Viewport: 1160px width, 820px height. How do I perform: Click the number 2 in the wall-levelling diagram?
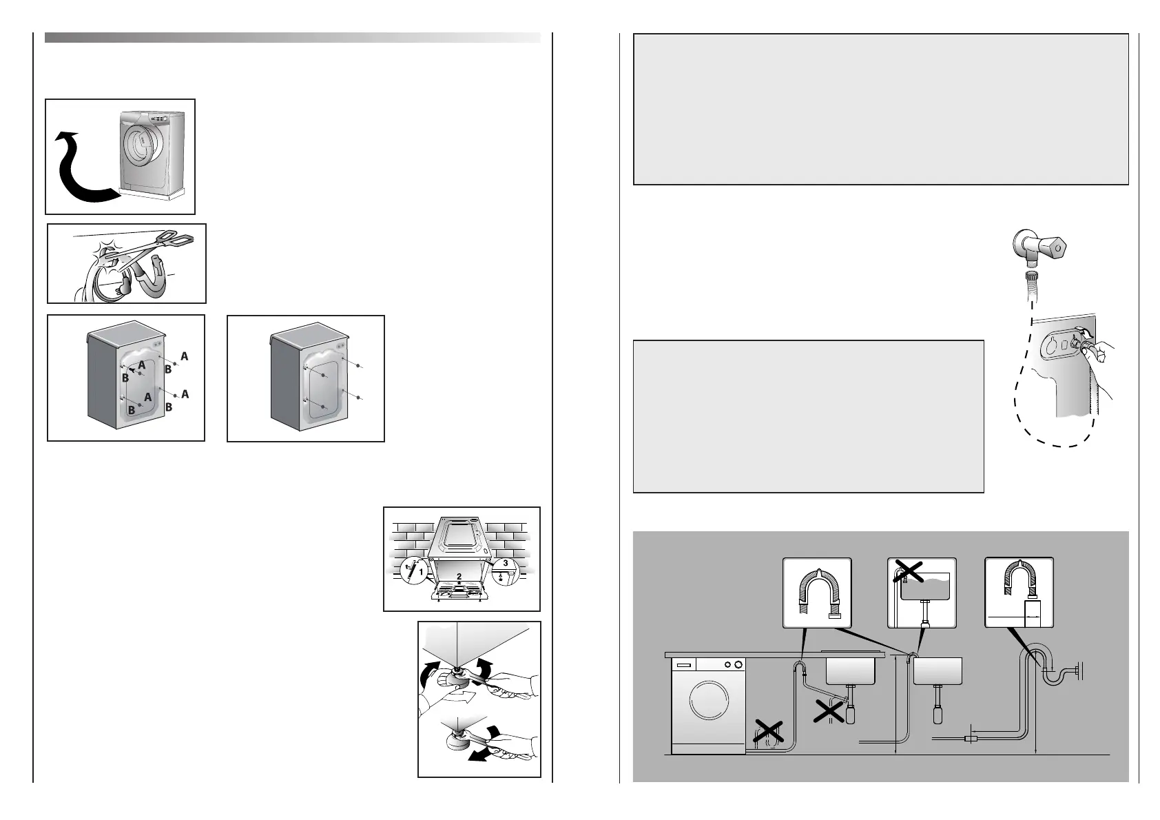click(459, 576)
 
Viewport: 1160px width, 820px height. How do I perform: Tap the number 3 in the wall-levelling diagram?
click(506, 563)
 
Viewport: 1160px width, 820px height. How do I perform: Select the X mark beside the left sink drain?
click(829, 710)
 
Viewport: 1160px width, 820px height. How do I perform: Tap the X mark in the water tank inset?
click(909, 571)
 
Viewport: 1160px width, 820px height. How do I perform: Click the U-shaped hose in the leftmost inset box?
click(817, 589)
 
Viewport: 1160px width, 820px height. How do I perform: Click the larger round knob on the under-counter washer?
click(738, 665)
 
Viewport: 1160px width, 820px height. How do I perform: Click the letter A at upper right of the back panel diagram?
click(184, 356)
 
